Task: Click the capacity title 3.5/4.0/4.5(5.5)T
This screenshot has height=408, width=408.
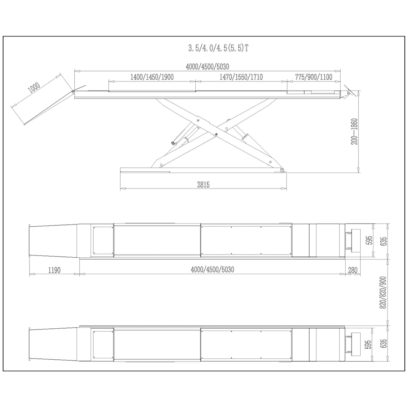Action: [x=219, y=48]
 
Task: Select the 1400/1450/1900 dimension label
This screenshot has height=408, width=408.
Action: [x=152, y=77]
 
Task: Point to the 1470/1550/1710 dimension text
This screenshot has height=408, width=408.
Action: [x=241, y=77]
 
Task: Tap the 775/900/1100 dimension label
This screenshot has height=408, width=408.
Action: [x=314, y=77]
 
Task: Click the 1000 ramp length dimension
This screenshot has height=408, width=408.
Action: [x=35, y=87]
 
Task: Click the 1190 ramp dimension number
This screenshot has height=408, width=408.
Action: [x=54, y=270]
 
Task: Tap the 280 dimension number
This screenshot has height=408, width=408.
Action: [x=352, y=270]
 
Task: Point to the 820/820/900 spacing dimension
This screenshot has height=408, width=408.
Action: [x=383, y=293]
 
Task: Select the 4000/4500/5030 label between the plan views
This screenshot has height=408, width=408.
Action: [x=212, y=270]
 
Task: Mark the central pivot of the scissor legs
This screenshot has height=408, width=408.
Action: [x=216, y=133]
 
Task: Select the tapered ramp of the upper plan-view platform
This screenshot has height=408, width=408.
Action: [x=52, y=240]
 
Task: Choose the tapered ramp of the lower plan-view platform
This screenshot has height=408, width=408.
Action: [x=52, y=344]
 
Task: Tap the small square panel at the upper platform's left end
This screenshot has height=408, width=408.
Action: [x=102, y=240]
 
